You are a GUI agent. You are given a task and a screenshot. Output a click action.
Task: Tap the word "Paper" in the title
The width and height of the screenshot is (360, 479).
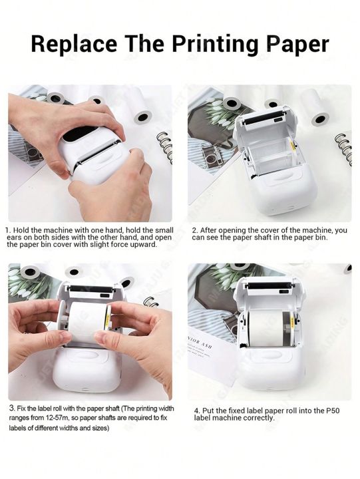(x=297, y=45)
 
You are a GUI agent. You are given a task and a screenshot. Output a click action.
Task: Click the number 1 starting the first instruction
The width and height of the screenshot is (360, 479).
(x=8, y=230)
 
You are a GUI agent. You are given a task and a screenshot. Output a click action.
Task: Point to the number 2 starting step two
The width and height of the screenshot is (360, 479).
(x=194, y=230)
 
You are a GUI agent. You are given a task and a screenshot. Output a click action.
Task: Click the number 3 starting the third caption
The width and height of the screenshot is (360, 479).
(x=11, y=408)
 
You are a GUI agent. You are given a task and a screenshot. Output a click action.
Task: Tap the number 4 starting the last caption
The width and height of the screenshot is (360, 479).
(x=197, y=410)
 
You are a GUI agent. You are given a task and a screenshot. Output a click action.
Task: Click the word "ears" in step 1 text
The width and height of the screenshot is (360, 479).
(x=13, y=238)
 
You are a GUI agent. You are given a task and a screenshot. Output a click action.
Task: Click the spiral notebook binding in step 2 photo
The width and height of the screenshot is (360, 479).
(x=344, y=148)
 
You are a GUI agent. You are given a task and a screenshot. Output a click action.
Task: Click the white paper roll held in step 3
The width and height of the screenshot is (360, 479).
(x=87, y=321)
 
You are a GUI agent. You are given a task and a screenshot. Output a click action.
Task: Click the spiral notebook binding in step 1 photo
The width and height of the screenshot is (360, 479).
(x=164, y=147)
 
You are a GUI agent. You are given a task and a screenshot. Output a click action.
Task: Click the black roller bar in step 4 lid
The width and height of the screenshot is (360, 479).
(x=269, y=285)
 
